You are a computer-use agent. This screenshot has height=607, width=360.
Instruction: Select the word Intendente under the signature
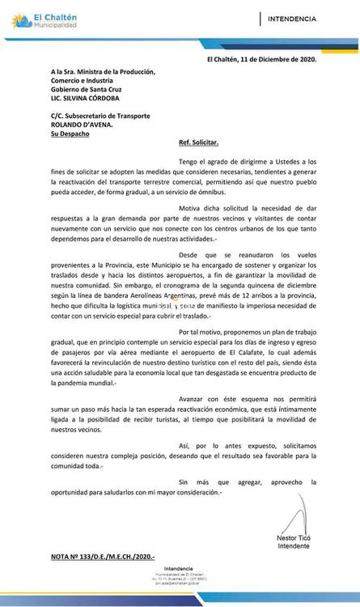tap(293, 546)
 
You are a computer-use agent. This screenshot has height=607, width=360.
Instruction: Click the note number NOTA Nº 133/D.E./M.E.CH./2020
tap(103, 558)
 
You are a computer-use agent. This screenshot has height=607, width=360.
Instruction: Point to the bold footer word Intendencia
tap(179, 569)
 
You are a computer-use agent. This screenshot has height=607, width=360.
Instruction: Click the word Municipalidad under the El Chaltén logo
tap(53, 25)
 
